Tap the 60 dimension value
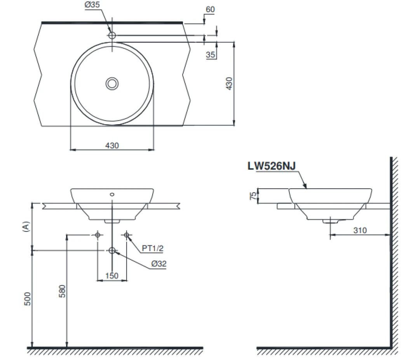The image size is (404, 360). pyautogui.click(x=210, y=9)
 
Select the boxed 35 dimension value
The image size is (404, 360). pyautogui.click(x=211, y=55)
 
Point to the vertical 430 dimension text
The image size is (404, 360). pyautogui.click(x=229, y=83)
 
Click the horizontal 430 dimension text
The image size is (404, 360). pyautogui.click(x=112, y=146)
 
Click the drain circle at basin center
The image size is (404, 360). pyautogui.click(x=112, y=83)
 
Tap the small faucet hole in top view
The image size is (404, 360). pyautogui.click(x=112, y=35)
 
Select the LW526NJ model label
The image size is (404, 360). pyautogui.click(x=272, y=166)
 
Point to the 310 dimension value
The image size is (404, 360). pyautogui.click(x=360, y=230)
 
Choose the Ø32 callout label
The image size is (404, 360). pyautogui.click(x=159, y=264)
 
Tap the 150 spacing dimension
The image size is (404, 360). pyautogui.click(x=112, y=275)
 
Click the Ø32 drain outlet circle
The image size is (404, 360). pyautogui.click(x=112, y=250)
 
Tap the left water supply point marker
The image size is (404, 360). pyautogui.click(x=97, y=235)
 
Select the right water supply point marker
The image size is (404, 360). pyautogui.click(x=127, y=235)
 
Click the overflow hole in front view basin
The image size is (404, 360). pyautogui.click(x=112, y=194)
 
